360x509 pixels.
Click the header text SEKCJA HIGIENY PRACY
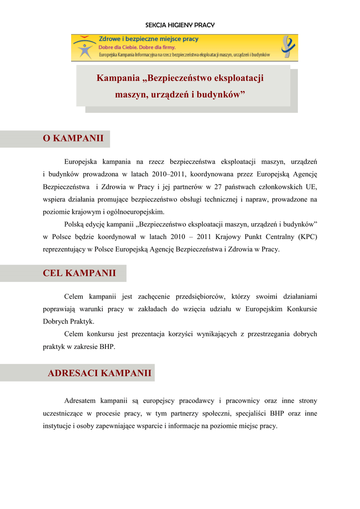click(x=180, y=25)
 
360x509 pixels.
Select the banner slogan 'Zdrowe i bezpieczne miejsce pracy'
click(x=149, y=39)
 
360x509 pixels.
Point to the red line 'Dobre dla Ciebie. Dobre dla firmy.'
click(x=137, y=47)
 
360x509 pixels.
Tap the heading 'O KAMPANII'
click(x=73, y=138)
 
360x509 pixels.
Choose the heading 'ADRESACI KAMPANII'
click(x=99, y=373)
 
